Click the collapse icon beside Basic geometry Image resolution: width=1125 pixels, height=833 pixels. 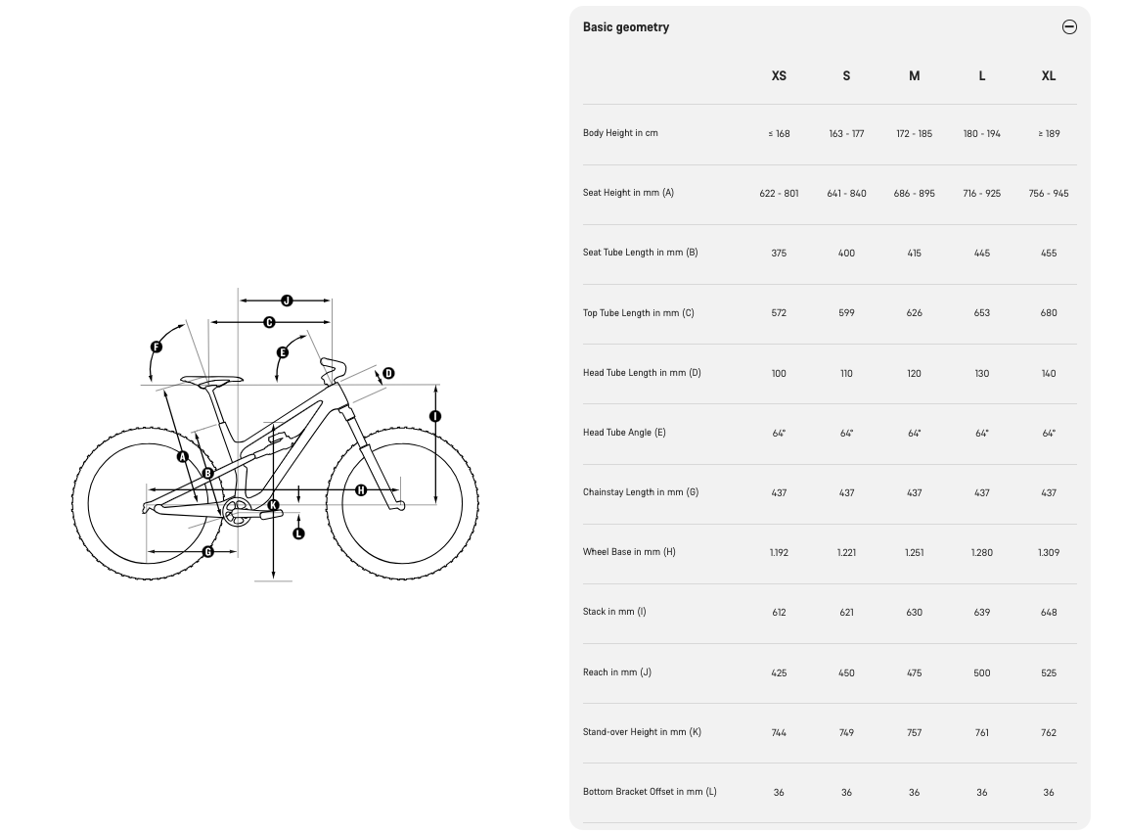click(x=1069, y=27)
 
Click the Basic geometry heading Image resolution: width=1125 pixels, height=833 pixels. click(x=626, y=27)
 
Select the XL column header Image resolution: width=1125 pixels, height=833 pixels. click(x=1048, y=75)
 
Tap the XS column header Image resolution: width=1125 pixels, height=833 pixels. click(x=779, y=75)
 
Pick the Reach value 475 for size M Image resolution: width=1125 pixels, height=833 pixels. click(x=914, y=672)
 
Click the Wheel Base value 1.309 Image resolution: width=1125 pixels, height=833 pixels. click(x=1048, y=553)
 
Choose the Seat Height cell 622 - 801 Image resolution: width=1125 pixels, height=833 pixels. click(x=779, y=194)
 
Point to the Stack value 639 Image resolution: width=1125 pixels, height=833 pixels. click(x=981, y=613)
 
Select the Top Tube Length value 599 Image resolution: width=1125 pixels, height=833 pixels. click(x=846, y=313)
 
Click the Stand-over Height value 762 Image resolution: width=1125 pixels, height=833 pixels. click(x=1048, y=732)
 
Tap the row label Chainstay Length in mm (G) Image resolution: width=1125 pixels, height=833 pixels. click(x=641, y=492)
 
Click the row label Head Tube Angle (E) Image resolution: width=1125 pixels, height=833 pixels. click(x=624, y=433)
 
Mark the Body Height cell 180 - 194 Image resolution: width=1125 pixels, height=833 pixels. click(x=981, y=134)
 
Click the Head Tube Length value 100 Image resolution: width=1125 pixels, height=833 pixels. click(x=779, y=373)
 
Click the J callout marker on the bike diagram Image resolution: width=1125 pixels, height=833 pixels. click(x=287, y=301)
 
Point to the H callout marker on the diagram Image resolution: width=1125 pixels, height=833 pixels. click(x=361, y=489)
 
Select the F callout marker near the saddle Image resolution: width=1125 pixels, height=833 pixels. click(x=157, y=347)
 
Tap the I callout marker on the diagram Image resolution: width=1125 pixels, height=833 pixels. click(x=435, y=416)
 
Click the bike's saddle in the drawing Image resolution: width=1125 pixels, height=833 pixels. click(x=210, y=381)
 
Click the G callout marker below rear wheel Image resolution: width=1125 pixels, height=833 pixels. click(x=208, y=552)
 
